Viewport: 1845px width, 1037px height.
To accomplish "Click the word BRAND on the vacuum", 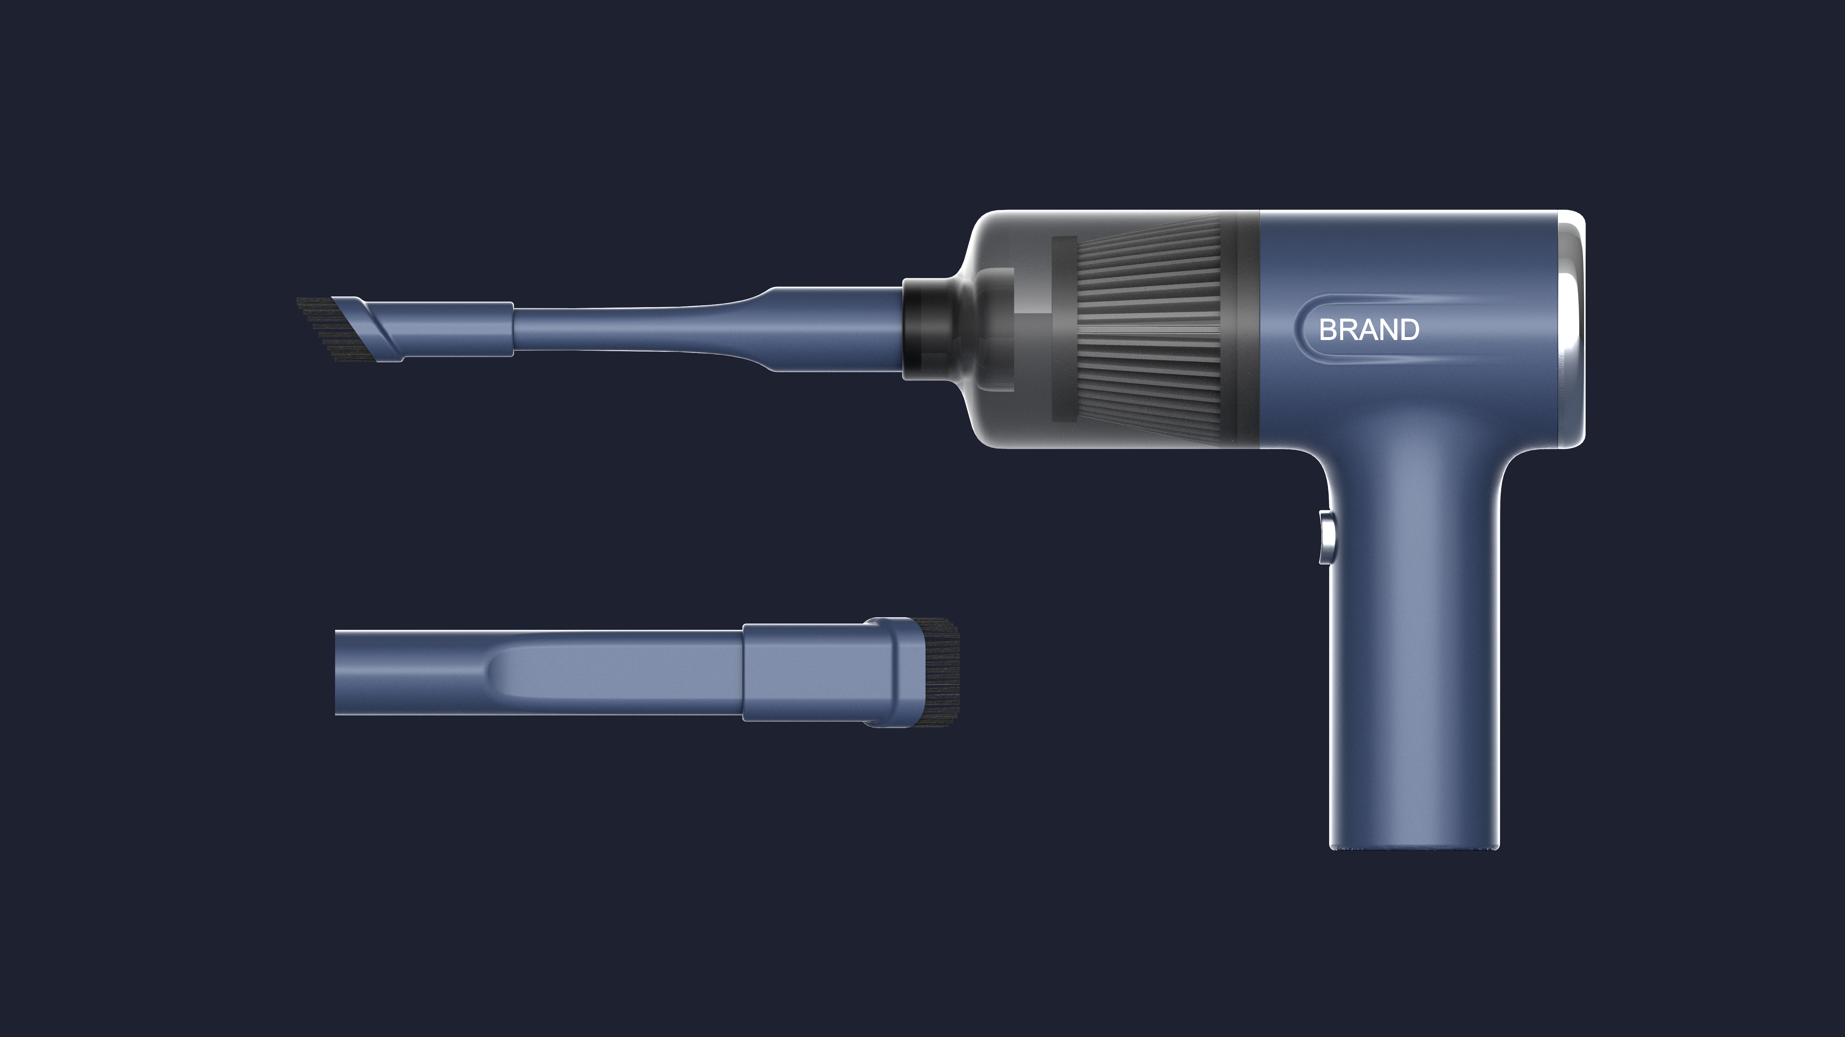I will (x=1369, y=330).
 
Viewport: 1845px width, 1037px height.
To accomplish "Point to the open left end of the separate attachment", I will (x=340, y=672).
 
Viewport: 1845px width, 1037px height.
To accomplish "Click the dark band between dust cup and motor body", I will (x=1248, y=330).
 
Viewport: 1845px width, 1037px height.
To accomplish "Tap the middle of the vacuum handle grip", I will (x=1414, y=645).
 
